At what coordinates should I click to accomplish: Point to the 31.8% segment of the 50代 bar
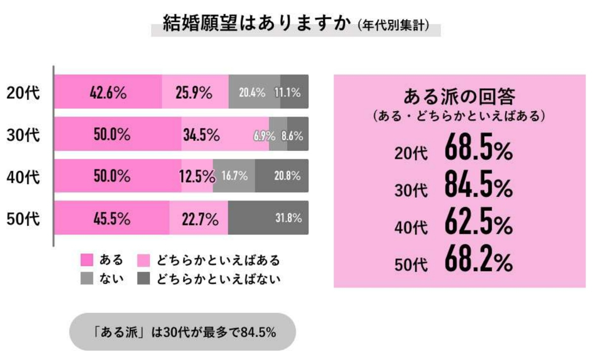click(x=268, y=218)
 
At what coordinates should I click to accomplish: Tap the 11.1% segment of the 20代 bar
click(x=295, y=92)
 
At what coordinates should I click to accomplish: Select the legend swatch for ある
click(x=87, y=260)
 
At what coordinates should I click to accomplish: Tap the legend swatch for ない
click(x=87, y=279)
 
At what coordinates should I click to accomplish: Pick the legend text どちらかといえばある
click(x=218, y=260)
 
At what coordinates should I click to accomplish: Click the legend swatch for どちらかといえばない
click(x=144, y=279)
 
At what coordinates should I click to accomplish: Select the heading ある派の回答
click(x=460, y=95)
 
